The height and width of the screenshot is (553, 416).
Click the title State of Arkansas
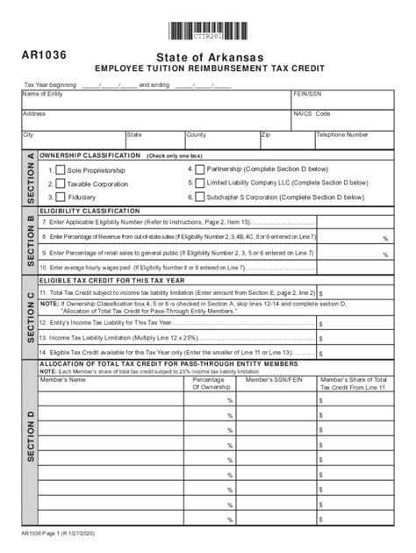tap(209, 55)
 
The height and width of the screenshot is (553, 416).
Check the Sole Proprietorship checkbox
tap(60, 170)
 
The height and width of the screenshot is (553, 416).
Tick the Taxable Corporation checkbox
tap(60, 184)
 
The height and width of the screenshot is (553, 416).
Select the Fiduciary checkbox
tap(60, 198)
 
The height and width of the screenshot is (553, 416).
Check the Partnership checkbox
tap(199, 169)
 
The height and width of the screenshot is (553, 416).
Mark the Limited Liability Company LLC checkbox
tap(199, 183)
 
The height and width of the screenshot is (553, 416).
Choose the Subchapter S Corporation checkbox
tap(199, 197)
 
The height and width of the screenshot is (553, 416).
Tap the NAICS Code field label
tap(312, 114)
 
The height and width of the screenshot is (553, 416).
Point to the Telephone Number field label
tap(342, 135)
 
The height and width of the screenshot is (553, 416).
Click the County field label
tap(196, 135)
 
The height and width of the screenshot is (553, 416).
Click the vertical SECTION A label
tap(30, 178)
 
